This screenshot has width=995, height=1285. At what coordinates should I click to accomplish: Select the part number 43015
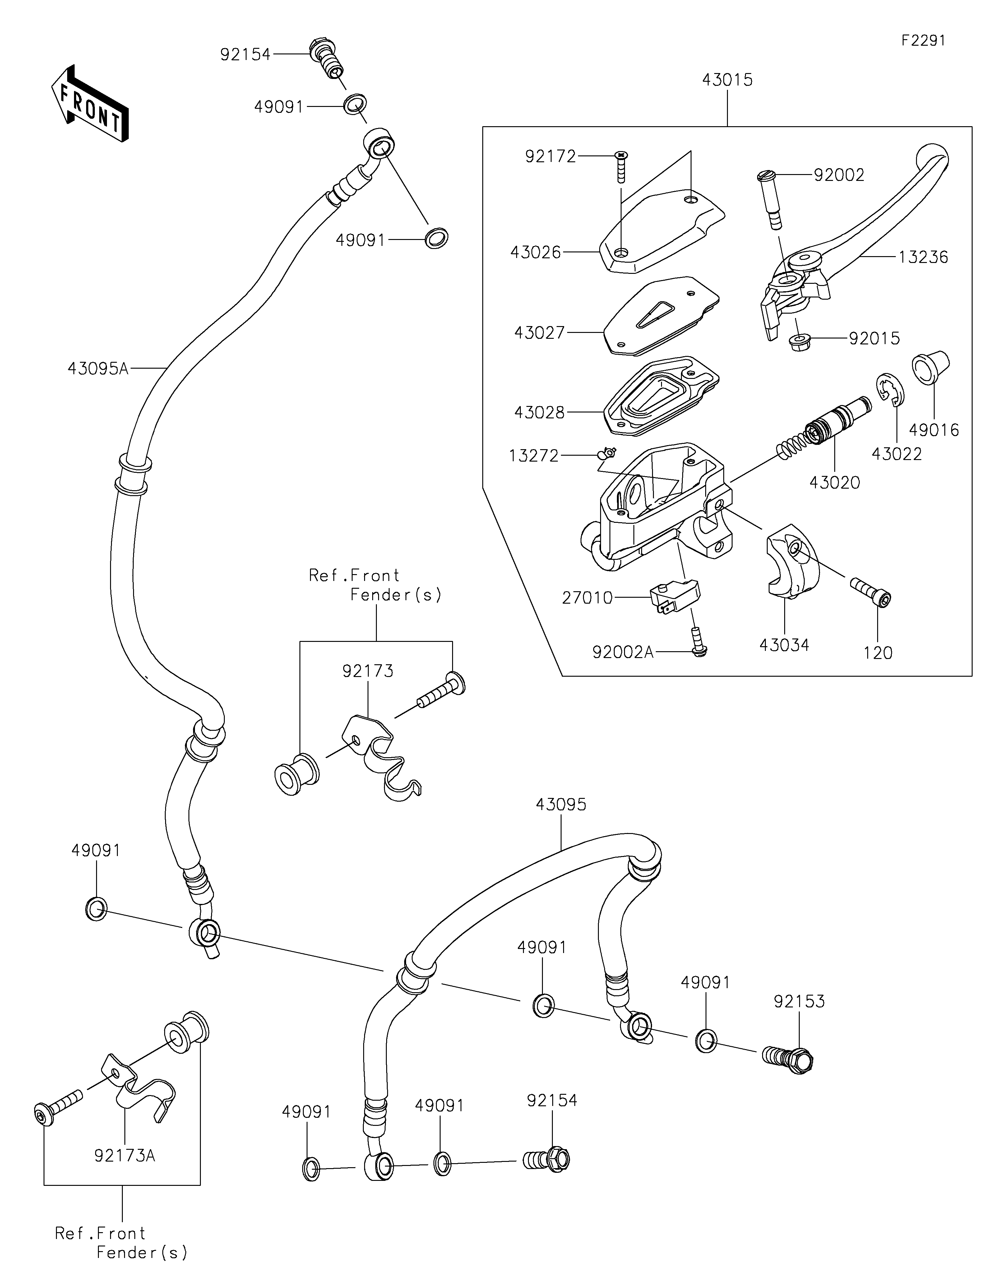point(727,80)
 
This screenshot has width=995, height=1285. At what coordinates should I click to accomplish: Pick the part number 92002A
point(622,652)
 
